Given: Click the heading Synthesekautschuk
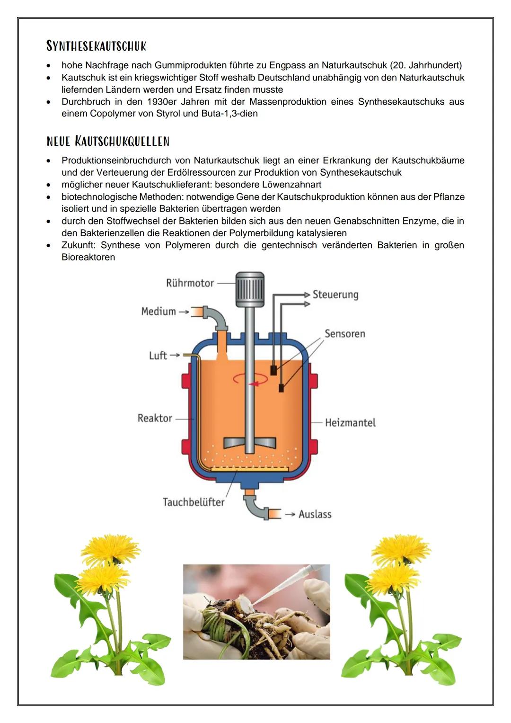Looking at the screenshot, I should (96, 46).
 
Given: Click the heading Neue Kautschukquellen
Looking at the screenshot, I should (108, 141).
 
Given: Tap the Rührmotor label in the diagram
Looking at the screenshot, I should (190, 283).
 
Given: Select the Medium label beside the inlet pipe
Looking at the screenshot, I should (159, 312).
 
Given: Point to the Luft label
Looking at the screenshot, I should (158, 356).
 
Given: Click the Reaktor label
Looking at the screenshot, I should (155, 419).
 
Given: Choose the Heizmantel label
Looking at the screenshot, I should (350, 423).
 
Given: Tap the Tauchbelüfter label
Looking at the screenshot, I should (194, 502).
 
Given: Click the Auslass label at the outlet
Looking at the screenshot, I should (315, 514).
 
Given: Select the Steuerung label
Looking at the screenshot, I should (335, 295).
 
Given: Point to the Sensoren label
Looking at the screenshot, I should (344, 334).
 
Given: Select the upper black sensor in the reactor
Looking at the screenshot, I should (273, 370).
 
